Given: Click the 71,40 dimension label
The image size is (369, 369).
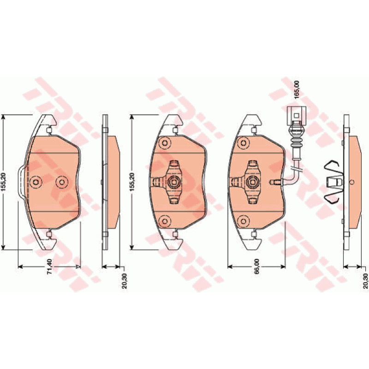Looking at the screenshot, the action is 50,267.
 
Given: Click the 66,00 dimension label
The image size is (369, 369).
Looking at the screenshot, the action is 257,267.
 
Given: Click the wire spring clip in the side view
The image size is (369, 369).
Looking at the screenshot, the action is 333,182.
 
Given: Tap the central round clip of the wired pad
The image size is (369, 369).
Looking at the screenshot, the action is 252,182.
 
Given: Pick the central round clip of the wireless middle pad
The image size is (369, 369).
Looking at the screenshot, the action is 174,182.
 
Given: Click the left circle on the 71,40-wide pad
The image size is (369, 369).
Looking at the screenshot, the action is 36,182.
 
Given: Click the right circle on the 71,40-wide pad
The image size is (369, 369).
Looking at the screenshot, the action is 62,182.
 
